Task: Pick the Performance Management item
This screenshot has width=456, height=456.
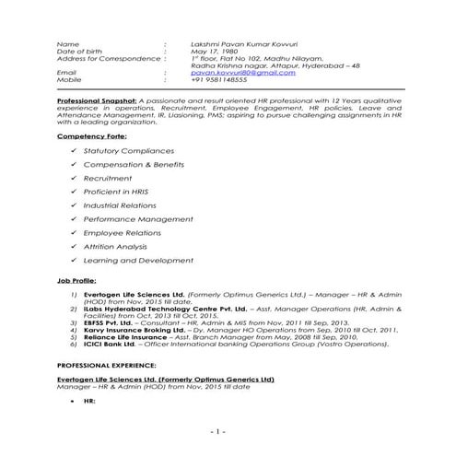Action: (129, 220)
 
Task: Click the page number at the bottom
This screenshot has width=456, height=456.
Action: (218, 431)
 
